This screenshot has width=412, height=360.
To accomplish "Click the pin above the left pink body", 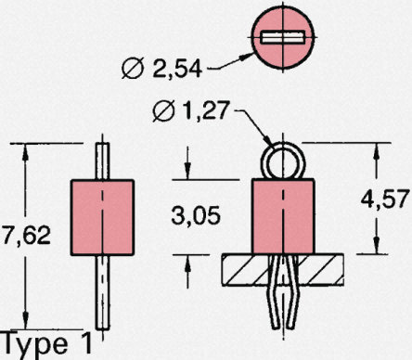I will click(x=104, y=161).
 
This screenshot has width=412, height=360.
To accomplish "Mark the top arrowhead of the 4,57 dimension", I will click(x=376, y=148).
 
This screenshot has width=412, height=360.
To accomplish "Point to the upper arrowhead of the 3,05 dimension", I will click(x=188, y=174).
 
